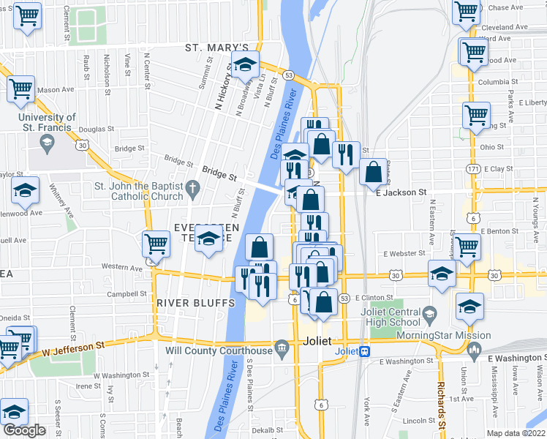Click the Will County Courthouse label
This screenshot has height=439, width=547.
point(219,350)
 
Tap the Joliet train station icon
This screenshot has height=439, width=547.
point(365,350)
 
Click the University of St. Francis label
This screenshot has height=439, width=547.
point(47,122)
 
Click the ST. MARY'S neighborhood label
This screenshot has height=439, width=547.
point(211,48)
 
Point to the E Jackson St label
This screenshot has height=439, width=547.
point(400,192)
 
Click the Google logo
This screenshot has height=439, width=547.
point(24,430)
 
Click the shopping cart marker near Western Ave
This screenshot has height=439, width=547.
point(156,242)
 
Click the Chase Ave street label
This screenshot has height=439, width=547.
point(508,8)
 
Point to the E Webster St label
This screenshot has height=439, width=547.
point(404,253)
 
